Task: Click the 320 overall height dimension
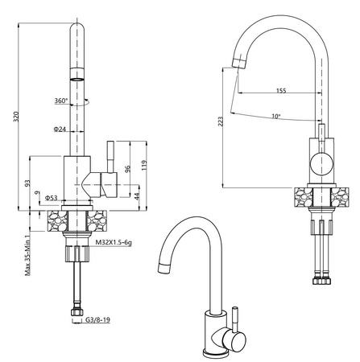click(16, 117)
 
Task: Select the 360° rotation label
click(61, 101)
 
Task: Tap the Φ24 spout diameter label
click(60, 129)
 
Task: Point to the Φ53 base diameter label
click(51, 198)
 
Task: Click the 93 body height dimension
click(27, 183)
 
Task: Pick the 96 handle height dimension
click(128, 169)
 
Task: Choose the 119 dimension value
click(144, 166)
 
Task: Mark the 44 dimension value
click(136, 196)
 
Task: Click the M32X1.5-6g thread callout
click(114, 243)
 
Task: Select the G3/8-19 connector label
click(97, 319)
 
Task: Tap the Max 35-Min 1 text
click(27, 256)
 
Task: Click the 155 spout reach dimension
click(281, 90)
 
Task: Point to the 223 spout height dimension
click(221, 122)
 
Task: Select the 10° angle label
click(275, 116)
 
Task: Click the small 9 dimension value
click(37, 192)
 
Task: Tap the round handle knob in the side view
click(322, 163)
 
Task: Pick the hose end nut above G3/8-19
click(77, 312)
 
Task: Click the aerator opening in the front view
click(77, 80)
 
